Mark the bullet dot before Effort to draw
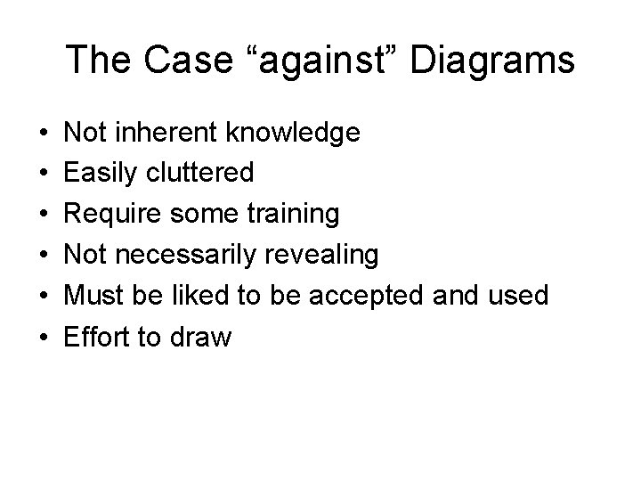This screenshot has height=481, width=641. tap(44, 337)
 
